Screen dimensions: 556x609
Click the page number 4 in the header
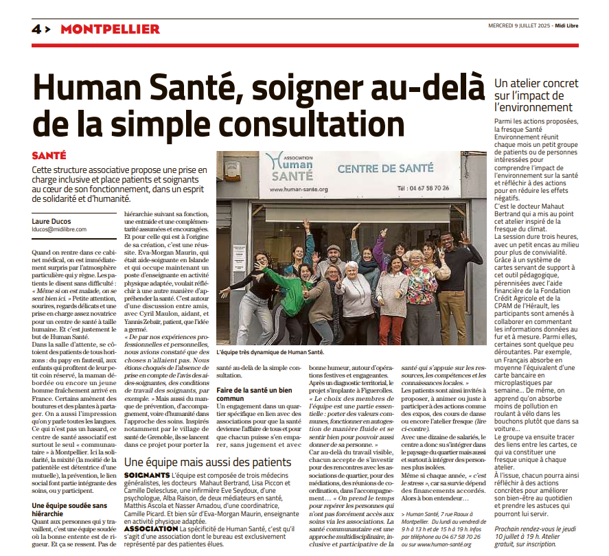tap(36, 29)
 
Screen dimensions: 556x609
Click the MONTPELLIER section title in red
tap(110, 29)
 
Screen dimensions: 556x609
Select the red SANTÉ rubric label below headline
tap(49, 156)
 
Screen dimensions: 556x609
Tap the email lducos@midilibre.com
tap(59, 229)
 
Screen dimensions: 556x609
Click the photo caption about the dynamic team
tap(270, 352)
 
